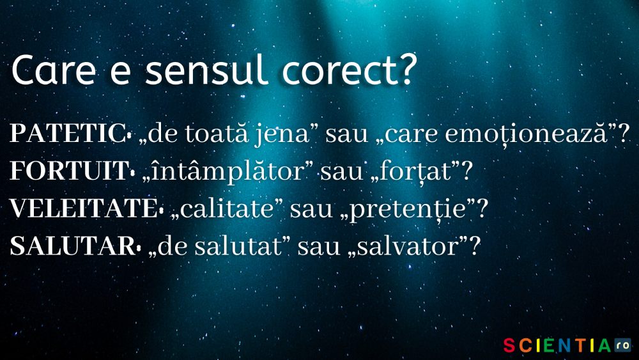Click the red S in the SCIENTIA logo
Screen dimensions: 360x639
pos(509,346)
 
